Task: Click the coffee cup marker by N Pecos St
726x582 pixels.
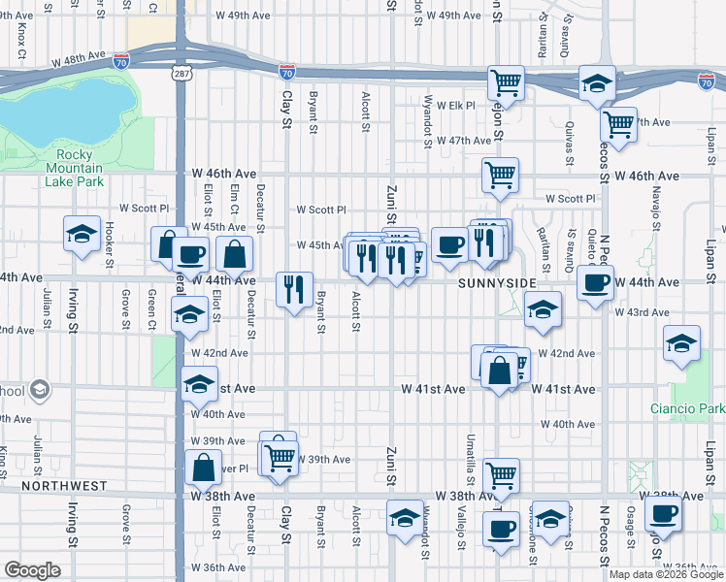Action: click(595, 282)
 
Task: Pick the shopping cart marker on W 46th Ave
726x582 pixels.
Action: click(501, 176)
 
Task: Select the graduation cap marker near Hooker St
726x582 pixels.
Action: click(82, 233)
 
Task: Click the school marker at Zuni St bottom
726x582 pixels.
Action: click(405, 517)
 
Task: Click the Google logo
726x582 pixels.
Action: click(33, 570)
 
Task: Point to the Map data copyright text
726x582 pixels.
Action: click(667, 574)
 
